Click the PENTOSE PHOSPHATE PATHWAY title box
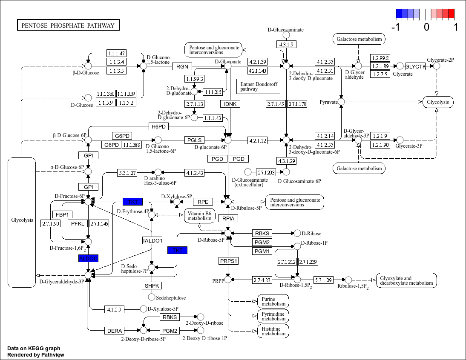click(x=68, y=26)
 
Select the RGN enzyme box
click(x=182, y=66)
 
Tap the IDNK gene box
click(x=230, y=104)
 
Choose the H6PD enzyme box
click(x=159, y=127)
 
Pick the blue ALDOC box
click(x=88, y=258)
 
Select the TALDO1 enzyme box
click(x=152, y=241)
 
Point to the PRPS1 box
click(x=229, y=260)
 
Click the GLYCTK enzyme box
click(x=415, y=66)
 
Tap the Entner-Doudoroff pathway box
click(x=258, y=86)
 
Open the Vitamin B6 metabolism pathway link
click(x=200, y=216)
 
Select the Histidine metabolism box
click(x=273, y=331)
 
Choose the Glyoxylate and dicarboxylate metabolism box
click(x=407, y=280)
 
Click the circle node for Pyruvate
click(x=341, y=102)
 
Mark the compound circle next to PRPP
click(x=228, y=280)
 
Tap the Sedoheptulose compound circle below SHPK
click(x=152, y=297)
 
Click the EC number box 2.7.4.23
click(x=262, y=280)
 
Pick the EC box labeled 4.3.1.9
click(x=285, y=44)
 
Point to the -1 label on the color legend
click(x=396, y=27)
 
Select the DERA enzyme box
click(x=115, y=331)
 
